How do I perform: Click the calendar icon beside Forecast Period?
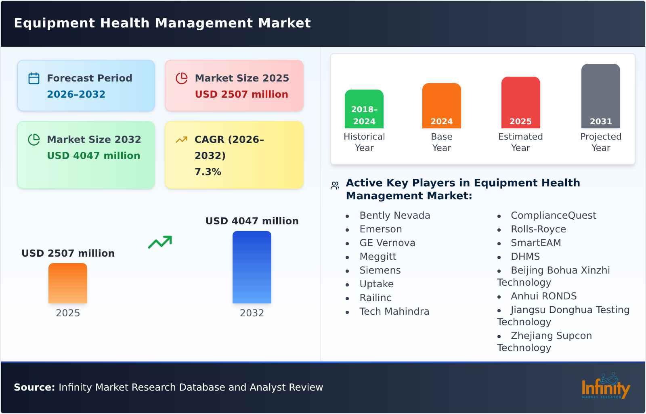coord(34,78)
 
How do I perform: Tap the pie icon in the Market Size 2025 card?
coord(182,78)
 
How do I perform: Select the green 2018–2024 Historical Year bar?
coord(364,109)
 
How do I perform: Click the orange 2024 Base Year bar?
coord(441,106)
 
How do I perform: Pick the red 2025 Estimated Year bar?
coord(520,102)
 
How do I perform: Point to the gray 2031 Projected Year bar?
coord(600,96)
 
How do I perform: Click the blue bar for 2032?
coord(252,267)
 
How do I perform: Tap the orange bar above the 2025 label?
coord(68,283)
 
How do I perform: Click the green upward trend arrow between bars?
coord(160,242)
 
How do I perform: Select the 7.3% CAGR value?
coord(208,172)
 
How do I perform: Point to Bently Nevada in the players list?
coord(394,215)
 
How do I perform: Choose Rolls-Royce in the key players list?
coord(538,229)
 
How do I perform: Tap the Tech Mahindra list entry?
coord(394,312)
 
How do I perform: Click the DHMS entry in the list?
coord(525,257)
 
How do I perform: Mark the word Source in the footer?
coord(34,387)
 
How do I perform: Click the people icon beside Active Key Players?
coord(335,186)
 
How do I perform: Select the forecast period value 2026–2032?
coord(76,94)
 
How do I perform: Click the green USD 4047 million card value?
coord(94,156)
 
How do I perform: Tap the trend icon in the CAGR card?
coord(181,140)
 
